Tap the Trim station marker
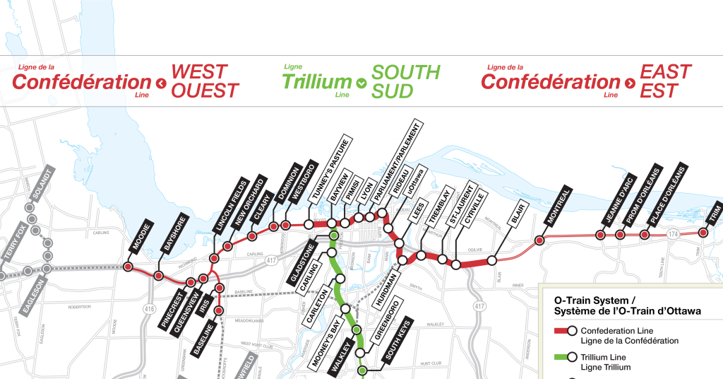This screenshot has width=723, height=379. coord(703,233)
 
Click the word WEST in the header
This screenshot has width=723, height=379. coord(200,72)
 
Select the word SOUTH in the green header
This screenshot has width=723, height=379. coord(405,72)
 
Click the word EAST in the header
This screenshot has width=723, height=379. coord(665,72)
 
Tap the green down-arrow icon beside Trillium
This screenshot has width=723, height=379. coord(362,83)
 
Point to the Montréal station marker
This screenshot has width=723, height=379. coord(539,240)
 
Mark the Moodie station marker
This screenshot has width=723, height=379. coord(129,267)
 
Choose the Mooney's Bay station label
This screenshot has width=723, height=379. coord(327,339)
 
